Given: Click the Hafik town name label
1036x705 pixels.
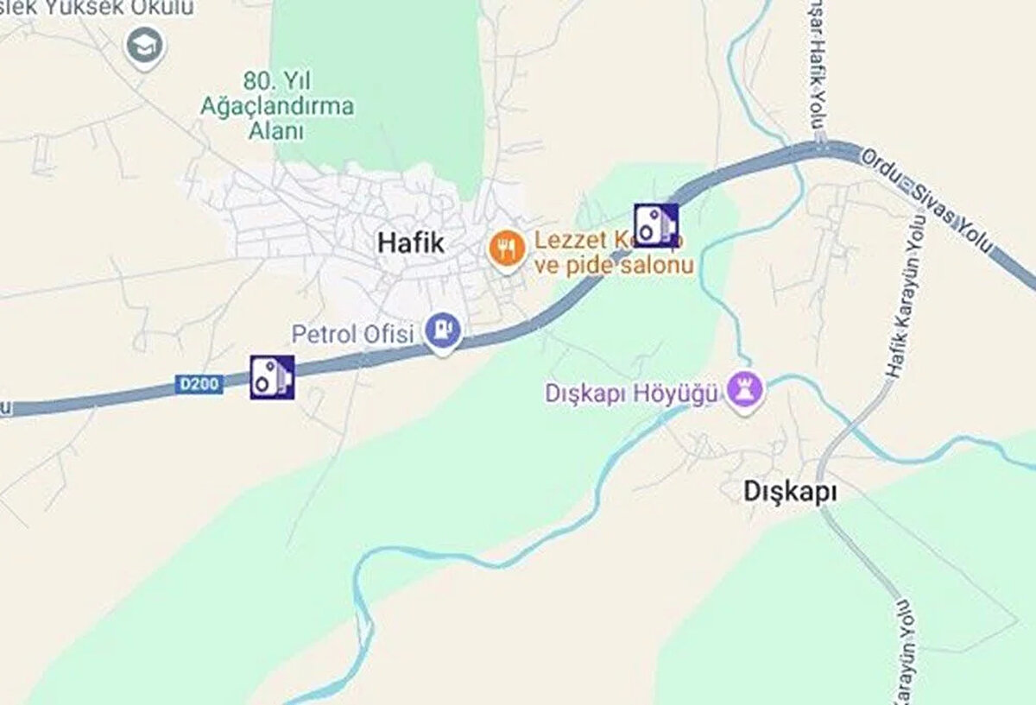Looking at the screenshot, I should (x=411, y=243).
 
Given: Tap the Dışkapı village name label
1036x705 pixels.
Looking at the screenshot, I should (x=791, y=491).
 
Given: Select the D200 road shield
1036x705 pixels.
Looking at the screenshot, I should (x=199, y=384).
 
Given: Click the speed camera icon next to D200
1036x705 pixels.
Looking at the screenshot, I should (x=272, y=377).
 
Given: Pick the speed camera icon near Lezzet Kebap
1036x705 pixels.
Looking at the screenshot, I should (x=656, y=225).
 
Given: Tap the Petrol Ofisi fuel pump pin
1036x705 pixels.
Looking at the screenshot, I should (x=442, y=330).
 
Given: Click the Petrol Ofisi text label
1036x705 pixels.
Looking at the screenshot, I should (x=352, y=334).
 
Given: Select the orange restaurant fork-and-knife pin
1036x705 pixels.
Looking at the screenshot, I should (x=507, y=249).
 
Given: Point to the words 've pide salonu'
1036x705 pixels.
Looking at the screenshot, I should (x=614, y=265).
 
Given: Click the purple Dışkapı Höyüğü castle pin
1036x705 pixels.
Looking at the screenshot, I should (x=745, y=389).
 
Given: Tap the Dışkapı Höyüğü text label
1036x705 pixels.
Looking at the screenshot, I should (x=632, y=393).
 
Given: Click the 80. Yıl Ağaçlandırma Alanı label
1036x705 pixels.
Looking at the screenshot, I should (x=276, y=106).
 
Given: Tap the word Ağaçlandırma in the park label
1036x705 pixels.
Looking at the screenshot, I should (x=276, y=107).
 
